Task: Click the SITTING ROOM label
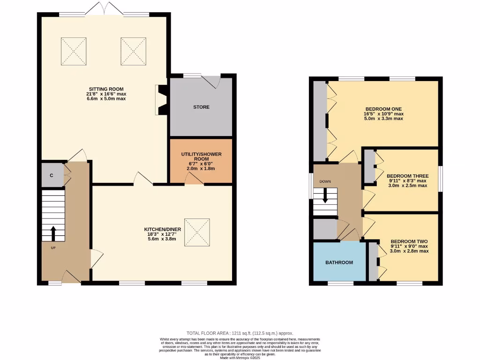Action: click(106, 89)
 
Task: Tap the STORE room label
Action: click(201, 107)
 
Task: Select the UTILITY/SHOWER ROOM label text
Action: click(201, 156)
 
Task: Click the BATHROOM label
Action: click(339, 262)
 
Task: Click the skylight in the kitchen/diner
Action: click(197, 232)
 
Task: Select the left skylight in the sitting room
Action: click(74, 51)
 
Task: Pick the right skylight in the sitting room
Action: click(134, 51)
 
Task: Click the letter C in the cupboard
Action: click(52, 175)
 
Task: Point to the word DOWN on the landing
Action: click(325, 181)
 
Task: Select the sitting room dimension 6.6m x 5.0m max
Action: click(106, 99)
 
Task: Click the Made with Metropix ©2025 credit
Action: click(240, 357)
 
